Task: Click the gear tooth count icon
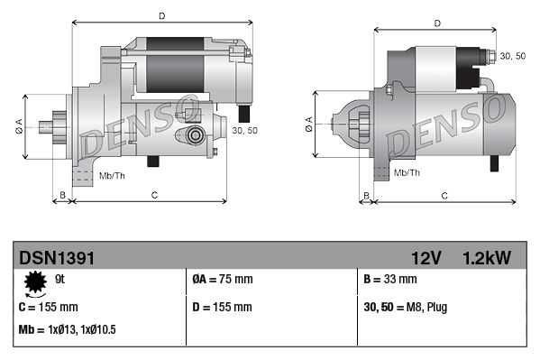click(x=35, y=284)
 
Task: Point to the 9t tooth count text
click(x=60, y=280)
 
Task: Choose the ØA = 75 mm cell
click(x=223, y=280)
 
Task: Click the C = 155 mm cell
click(x=49, y=307)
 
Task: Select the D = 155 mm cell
click(x=223, y=307)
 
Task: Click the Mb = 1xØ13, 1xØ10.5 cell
click(x=68, y=329)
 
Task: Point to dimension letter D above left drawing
click(x=161, y=15)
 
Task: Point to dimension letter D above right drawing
click(x=436, y=23)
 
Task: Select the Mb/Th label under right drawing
click(x=407, y=171)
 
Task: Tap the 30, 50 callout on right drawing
click(x=513, y=56)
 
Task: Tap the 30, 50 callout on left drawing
click(x=244, y=131)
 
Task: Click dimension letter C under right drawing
click(x=444, y=195)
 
